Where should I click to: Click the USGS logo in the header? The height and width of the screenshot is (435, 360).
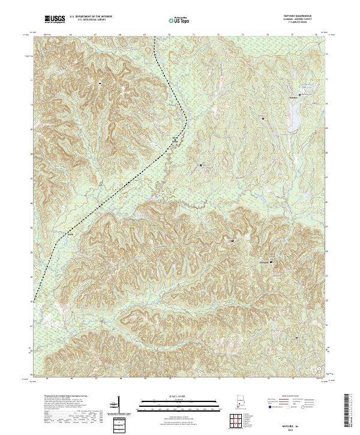(x=55, y=19)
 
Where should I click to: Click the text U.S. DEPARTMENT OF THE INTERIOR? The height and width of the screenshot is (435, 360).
(x=91, y=16)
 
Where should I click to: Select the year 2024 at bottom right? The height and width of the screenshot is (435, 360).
(x=302, y=428)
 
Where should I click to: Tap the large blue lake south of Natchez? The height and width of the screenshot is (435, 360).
(x=295, y=110)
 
